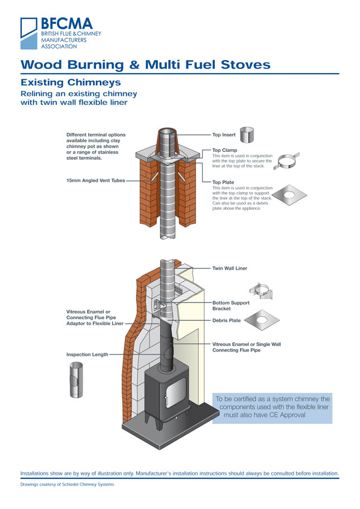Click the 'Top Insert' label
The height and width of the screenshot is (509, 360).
point(223,135)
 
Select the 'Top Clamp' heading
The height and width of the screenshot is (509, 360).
point(224,150)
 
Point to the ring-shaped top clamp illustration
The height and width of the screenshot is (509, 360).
point(288,161)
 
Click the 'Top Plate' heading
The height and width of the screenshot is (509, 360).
point(223,183)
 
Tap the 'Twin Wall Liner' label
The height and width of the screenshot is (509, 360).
point(229,268)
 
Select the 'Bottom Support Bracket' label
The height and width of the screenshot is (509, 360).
point(231,305)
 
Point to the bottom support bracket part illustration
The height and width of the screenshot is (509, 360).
point(260,291)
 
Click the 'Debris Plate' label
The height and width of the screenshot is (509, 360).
point(227,320)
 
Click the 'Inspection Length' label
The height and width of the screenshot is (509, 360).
point(87,354)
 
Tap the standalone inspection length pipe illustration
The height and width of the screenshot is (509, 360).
point(76,380)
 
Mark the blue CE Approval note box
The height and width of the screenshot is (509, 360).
point(272,407)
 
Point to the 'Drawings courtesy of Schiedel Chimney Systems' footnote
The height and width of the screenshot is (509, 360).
point(67,484)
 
